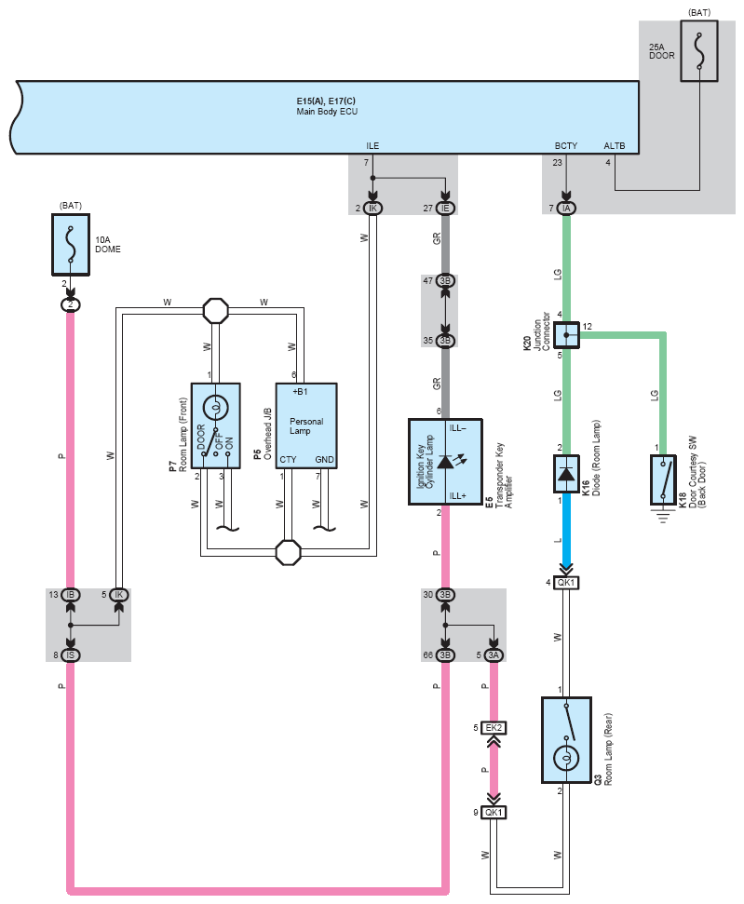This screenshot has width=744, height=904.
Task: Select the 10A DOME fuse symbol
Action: pos(70,244)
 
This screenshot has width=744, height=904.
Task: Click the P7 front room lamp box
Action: pos(216,427)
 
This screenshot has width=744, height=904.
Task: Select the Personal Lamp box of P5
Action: pos(306,427)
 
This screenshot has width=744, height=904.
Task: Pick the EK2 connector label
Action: pos(494,727)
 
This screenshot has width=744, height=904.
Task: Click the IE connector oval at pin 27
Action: pos(446,208)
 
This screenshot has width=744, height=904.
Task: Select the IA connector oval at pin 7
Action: pos(566,208)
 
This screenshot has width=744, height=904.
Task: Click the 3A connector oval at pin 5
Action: pos(494,654)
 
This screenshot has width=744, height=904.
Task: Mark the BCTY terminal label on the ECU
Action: pos(566,145)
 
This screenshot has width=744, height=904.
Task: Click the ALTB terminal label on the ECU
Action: pos(615,145)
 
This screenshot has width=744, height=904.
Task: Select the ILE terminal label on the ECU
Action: pos(372,145)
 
